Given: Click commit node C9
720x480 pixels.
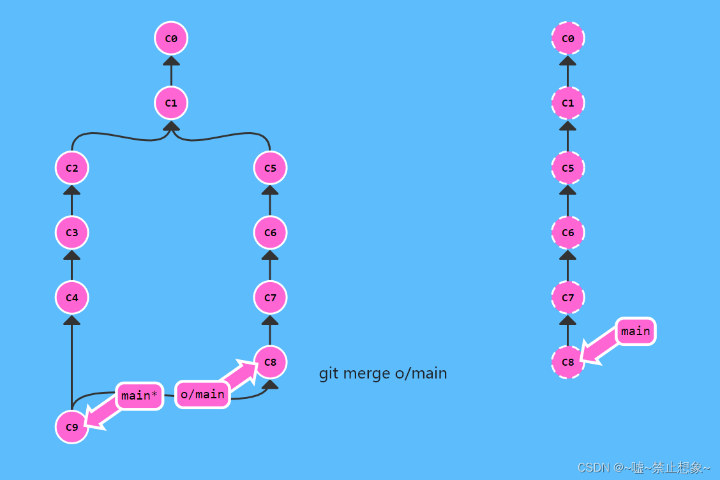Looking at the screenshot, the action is (72, 427).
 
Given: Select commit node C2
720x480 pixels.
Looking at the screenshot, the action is (72, 168).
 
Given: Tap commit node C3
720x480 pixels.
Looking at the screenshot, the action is (72, 232).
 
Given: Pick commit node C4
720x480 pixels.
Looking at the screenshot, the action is (72, 297).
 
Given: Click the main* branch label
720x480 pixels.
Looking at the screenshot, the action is (139, 396).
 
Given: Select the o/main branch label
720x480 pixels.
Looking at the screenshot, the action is (202, 394).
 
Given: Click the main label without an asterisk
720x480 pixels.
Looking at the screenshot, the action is (635, 331).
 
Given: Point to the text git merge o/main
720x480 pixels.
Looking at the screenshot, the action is (383, 373).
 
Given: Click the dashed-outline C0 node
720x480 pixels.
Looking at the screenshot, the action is (567, 38).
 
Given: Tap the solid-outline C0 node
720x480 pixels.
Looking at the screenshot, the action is (171, 38).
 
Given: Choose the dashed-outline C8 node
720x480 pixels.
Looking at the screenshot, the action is (567, 362).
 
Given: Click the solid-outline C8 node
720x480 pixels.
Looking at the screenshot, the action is (271, 362).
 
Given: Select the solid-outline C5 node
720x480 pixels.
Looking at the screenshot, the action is (271, 168).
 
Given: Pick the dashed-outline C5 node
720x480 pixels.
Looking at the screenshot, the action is (567, 168).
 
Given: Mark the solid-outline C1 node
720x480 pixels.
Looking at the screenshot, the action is (171, 103).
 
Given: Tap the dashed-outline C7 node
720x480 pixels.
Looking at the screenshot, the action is (567, 297).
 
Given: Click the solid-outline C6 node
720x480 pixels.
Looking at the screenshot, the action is (271, 232).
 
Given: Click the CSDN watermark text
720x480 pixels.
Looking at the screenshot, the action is (643, 468).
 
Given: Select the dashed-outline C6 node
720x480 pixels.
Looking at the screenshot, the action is (567, 232).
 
